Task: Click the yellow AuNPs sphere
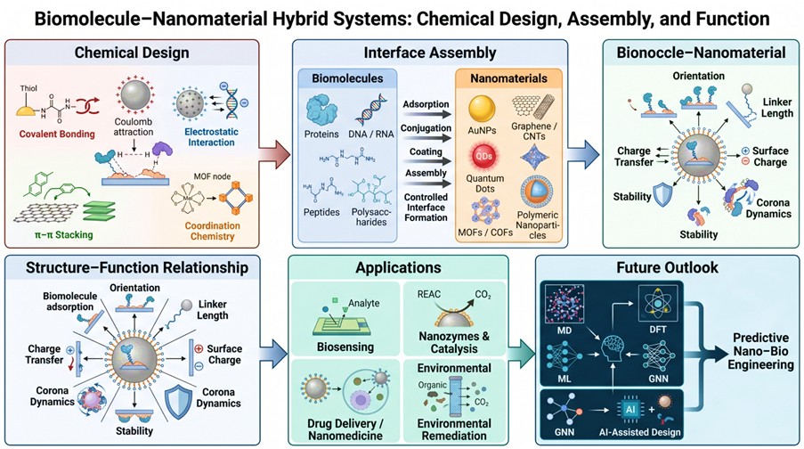[x=482, y=109]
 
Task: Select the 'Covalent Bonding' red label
[x=57, y=134]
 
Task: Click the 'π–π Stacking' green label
[x=61, y=235]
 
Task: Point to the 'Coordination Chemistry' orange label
[x=212, y=231]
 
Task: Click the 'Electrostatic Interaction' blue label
[x=211, y=137]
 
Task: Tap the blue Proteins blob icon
[x=322, y=110]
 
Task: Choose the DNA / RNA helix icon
[x=371, y=109]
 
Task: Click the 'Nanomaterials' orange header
[x=508, y=78]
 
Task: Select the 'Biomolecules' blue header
[x=347, y=78]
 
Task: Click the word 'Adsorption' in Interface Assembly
[x=426, y=104]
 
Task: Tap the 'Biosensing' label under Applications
[x=345, y=347]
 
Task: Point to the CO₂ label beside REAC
[x=483, y=295]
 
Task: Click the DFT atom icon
[x=657, y=304]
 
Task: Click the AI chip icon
[x=630, y=410]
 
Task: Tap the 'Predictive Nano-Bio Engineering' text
[x=760, y=352]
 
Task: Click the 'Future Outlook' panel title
[x=667, y=267]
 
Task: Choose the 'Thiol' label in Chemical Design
[x=28, y=88]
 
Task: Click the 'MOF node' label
[x=212, y=176]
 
